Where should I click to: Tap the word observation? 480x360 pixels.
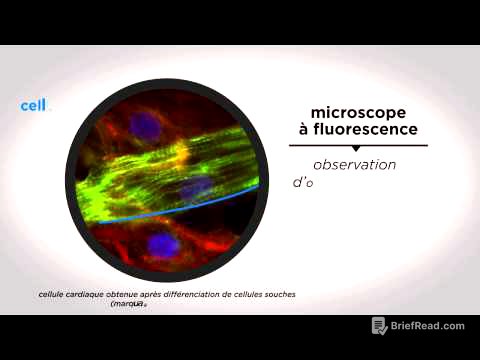tap(354, 165)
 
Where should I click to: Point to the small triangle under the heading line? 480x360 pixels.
tap(355, 149)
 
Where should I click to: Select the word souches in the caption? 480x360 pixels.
tap(279, 294)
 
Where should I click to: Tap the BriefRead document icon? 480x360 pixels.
tap(379, 326)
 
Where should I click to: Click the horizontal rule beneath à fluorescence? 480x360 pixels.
tap(355, 145)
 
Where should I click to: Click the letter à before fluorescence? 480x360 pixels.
tap(302, 130)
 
